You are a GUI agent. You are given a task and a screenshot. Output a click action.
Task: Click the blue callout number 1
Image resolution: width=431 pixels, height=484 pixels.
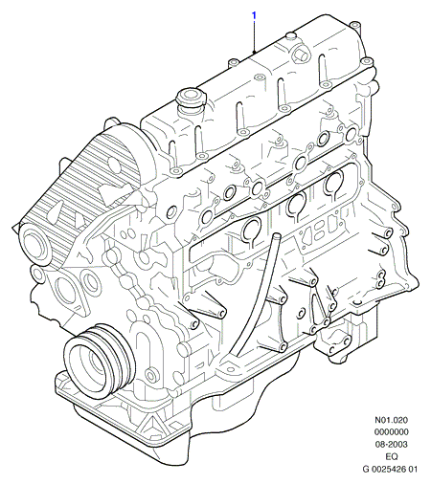[x=254, y=15]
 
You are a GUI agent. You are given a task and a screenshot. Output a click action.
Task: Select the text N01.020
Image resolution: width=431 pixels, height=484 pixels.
[x=391, y=420]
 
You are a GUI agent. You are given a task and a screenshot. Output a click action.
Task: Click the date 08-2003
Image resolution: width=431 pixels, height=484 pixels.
[x=391, y=444]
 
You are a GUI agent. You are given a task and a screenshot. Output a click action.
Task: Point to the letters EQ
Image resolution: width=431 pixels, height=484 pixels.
[x=392, y=456]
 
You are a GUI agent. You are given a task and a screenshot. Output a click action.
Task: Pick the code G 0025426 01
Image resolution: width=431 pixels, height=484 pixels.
[x=390, y=469]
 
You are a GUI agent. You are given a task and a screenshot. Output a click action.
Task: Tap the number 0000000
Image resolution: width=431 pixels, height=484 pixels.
[x=392, y=432]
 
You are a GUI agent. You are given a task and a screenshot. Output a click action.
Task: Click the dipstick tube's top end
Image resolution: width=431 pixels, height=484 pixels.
[x=277, y=236]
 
